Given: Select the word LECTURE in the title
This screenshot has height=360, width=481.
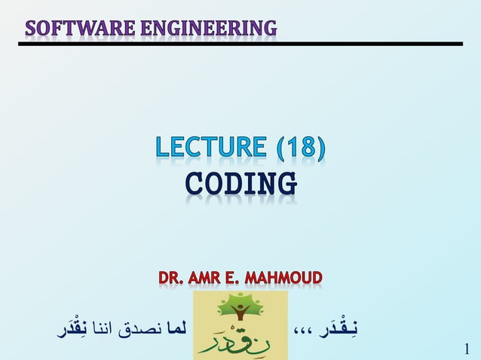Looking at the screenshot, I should coord(210,148).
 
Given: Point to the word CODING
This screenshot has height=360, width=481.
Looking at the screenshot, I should coord(240,184).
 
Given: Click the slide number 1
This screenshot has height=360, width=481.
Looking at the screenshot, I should coord(467,349).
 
